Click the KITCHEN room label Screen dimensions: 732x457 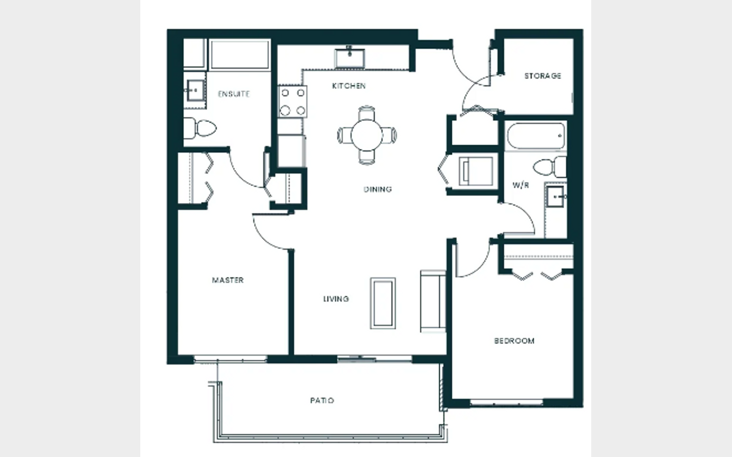click(x=349, y=86)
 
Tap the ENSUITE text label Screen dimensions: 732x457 click(x=234, y=94)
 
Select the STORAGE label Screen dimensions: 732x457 click(x=543, y=76)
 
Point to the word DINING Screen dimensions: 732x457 click(x=378, y=189)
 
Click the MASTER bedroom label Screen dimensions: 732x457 click(x=228, y=280)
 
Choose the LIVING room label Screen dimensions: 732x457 click(x=336, y=299)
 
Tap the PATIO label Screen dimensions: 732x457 click(x=322, y=401)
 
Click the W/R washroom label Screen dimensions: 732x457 click(x=521, y=185)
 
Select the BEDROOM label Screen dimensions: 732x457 click(x=514, y=341)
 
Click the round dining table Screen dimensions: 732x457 click(x=367, y=135)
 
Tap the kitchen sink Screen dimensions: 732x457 click(x=350, y=58)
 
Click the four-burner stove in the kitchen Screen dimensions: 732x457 click(x=292, y=102)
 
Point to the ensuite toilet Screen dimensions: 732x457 click(x=200, y=128)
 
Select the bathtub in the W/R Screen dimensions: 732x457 click(x=536, y=136)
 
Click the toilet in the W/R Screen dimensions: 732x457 click(x=550, y=167)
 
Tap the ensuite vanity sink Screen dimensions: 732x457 click(x=195, y=90)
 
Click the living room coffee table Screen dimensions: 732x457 click(x=383, y=303)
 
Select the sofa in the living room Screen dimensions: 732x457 click(x=433, y=301)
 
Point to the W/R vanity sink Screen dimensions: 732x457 click(x=556, y=197)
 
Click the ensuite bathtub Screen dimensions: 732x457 click(x=239, y=54)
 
